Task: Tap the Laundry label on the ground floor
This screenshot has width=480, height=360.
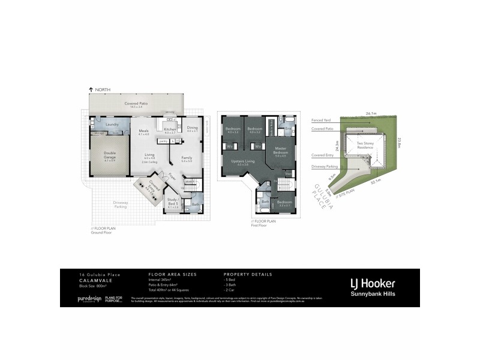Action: click(x=110, y=124)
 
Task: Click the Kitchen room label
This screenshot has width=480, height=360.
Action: click(x=169, y=130)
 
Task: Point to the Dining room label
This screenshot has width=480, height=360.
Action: click(x=192, y=128)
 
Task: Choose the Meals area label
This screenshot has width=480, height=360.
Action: click(x=143, y=132)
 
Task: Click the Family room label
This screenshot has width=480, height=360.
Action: click(x=187, y=159)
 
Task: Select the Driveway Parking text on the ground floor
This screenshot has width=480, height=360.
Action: click(x=121, y=204)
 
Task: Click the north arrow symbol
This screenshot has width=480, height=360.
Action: click(x=91, y=89)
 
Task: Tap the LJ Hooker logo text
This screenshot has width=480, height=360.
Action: click(x=372, y=283)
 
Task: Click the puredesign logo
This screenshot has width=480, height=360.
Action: click(x=89, y=299)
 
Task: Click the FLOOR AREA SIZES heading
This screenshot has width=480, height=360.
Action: click(x=172, y=274)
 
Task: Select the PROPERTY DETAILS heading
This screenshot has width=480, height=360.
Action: click(x=247, y=274)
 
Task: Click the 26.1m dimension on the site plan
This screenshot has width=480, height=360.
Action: click(x=370, y=113)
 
